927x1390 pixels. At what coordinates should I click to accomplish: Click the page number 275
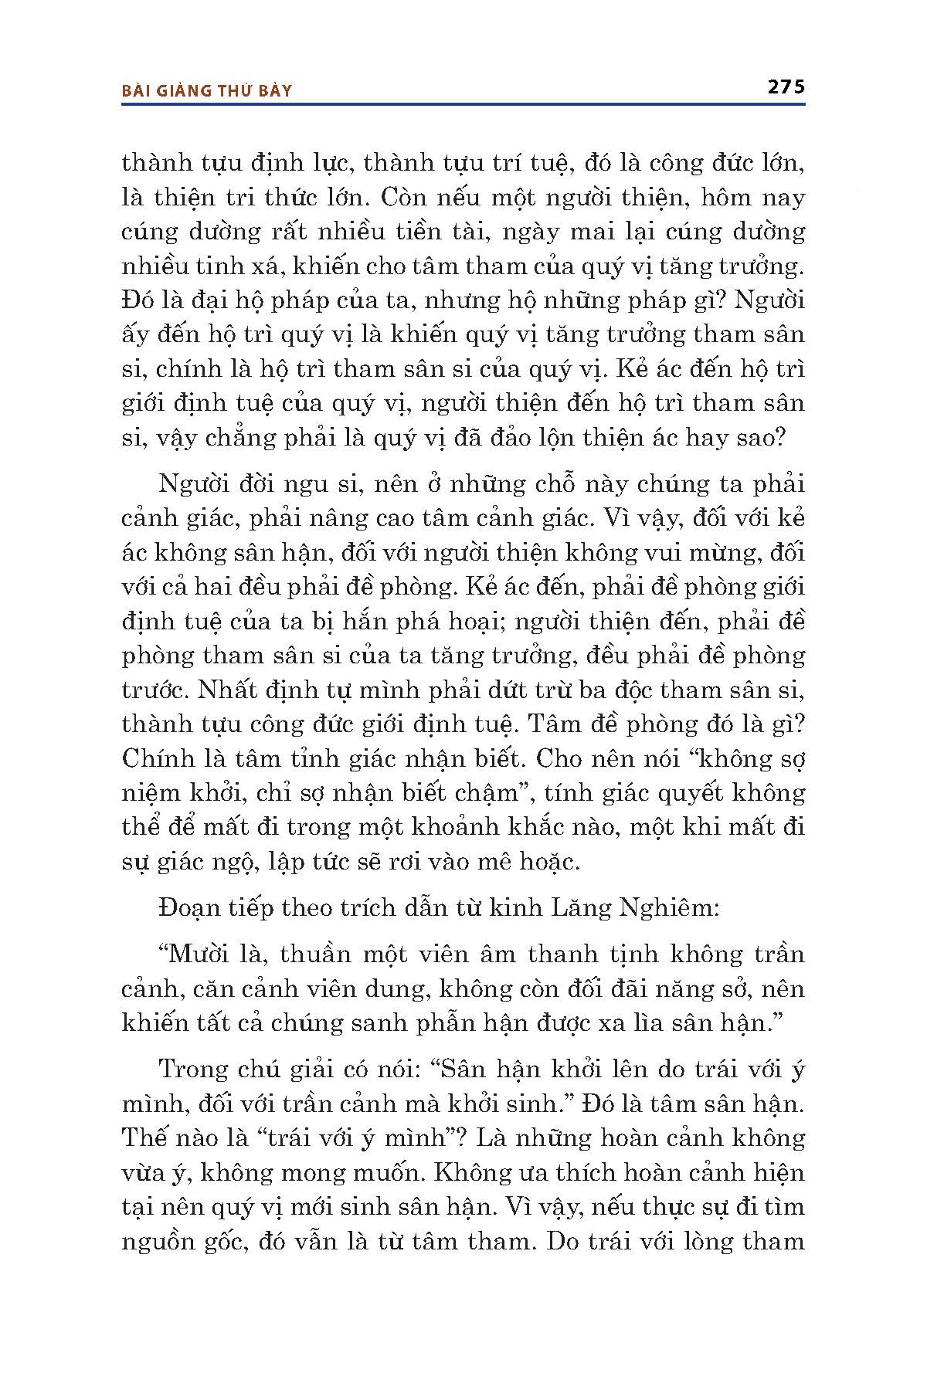786,86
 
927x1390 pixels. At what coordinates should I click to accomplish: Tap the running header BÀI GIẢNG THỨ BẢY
207,91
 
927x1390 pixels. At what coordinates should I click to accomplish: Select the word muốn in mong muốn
387,1173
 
